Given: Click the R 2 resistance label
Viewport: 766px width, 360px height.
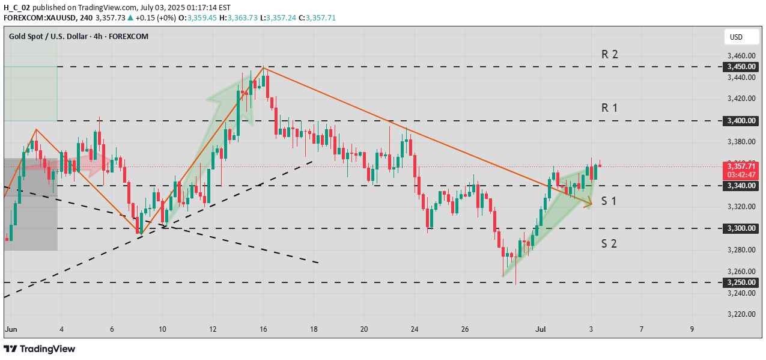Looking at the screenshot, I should coord(610,54).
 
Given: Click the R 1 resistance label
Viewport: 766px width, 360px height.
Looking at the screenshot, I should coord(610,108).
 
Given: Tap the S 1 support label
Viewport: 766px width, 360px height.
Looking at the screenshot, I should coord(609,201).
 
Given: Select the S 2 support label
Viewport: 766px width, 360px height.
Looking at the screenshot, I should coord(609,243).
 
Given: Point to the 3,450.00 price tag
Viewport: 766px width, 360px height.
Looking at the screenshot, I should coord(740,67).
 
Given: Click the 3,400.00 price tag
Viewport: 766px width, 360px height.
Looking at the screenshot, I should coord(740,121).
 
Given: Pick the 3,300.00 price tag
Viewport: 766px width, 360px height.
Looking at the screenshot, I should coord(740,228).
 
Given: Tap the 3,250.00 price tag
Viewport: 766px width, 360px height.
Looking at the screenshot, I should coord(740,282).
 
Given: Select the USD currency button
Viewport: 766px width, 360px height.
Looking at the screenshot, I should coord(736,37).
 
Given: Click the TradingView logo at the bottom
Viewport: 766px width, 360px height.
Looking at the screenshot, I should coord(40,349).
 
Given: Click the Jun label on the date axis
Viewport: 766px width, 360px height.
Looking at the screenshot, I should coord(11,329).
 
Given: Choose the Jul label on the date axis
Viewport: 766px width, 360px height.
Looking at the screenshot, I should coord(541,329).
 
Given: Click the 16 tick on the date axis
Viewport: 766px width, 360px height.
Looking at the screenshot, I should coord(263,329).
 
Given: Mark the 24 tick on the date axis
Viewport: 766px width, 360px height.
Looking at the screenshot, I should coord(414,329).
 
